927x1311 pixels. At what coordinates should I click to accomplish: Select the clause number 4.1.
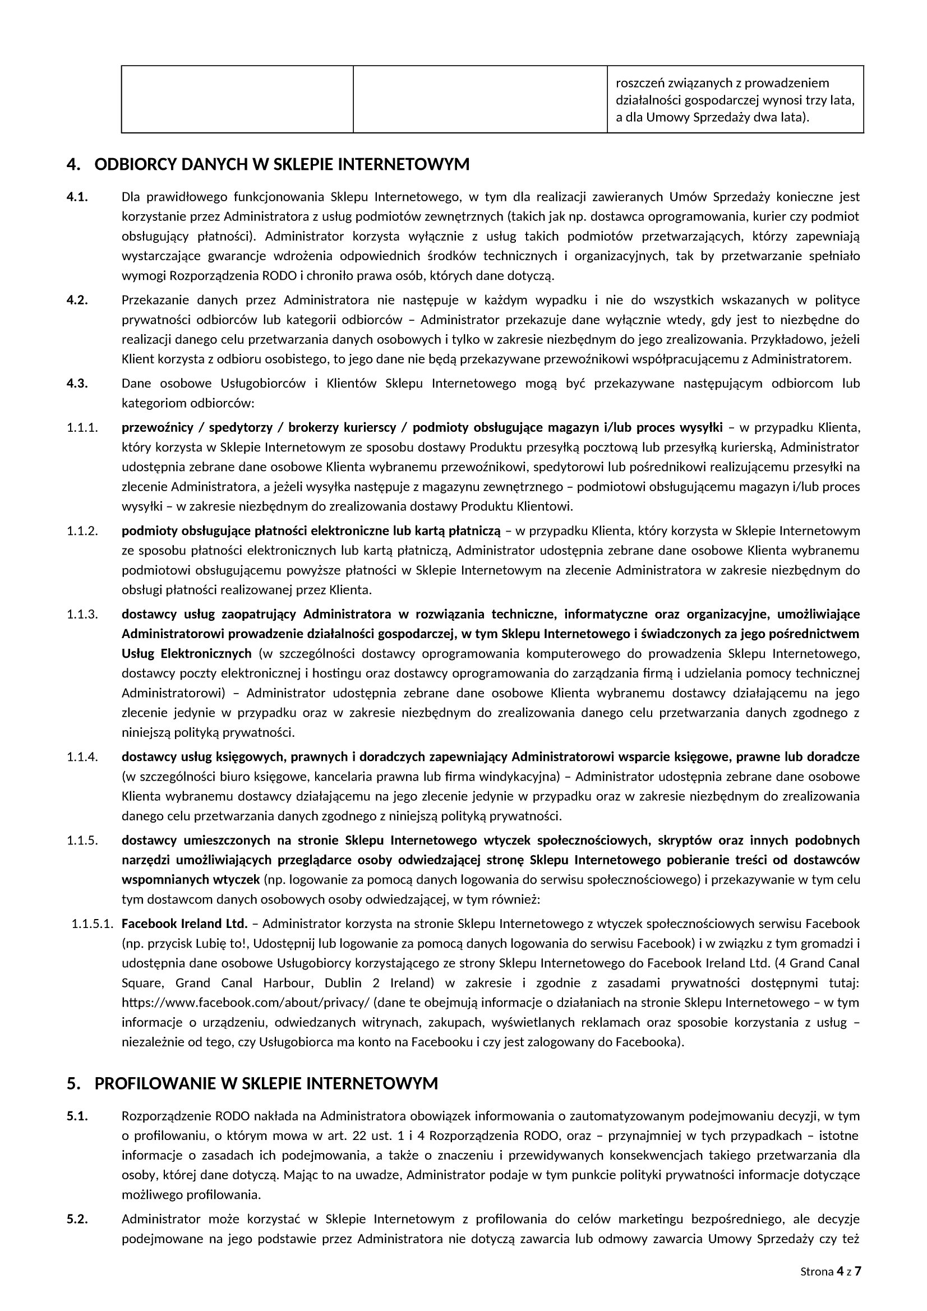[76, 197]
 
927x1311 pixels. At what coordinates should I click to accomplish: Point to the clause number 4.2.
[76, 301]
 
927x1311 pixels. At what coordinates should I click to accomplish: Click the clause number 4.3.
[76, 383]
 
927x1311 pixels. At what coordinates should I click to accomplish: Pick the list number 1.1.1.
[82, 428]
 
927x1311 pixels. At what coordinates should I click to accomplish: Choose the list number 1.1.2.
[82, 531]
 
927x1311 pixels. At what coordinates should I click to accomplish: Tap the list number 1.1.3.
[82, 615]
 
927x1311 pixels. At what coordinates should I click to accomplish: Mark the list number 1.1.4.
[82, 757]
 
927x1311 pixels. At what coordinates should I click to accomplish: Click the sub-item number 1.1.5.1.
[93, 924]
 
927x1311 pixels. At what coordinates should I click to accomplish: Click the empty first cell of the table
[237, 99]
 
